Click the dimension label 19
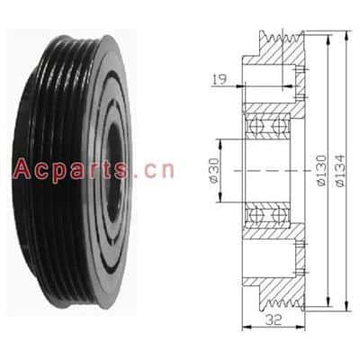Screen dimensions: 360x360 click(220, 79)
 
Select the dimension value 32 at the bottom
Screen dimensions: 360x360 click(274, 320)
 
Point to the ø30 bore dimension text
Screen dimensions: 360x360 click(215, 170)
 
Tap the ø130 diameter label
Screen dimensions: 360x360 click(322, 170)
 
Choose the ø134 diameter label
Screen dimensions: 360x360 click(340, 170)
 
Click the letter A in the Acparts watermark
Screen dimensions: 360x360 click(22, 169)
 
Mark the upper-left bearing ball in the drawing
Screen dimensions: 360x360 click(256, 124)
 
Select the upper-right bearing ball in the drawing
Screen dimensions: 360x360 click(279, 124)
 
